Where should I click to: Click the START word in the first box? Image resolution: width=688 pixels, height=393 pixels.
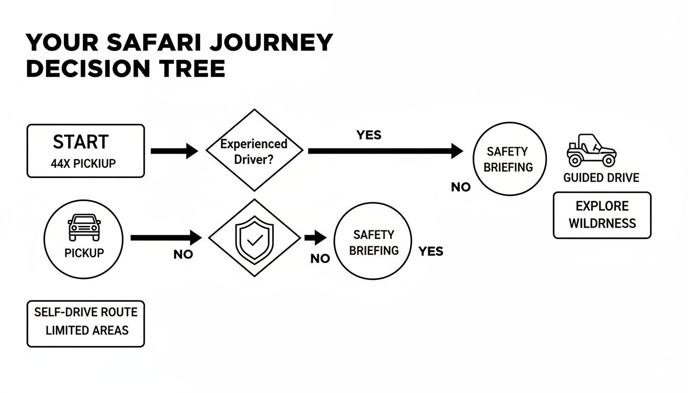81,142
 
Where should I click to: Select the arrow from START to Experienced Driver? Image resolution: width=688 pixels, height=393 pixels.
174,151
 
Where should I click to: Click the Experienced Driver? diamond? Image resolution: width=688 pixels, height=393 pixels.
254,150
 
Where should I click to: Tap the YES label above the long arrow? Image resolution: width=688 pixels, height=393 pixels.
369,135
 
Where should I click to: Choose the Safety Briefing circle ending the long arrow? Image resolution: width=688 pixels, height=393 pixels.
508,159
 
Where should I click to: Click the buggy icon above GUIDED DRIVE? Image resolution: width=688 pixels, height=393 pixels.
591,150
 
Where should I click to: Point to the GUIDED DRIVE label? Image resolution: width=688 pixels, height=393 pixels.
601,178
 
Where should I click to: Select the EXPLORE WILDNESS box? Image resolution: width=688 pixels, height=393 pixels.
602,215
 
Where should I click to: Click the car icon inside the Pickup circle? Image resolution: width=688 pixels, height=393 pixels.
84,227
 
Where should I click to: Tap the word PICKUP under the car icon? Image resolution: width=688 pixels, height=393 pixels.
84,253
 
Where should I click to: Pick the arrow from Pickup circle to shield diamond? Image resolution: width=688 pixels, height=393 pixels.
166,237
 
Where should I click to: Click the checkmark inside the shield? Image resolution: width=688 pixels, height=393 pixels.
254,238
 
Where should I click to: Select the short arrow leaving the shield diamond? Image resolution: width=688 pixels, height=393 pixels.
315,237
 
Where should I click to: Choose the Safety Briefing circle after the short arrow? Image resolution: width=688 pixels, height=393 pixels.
373,242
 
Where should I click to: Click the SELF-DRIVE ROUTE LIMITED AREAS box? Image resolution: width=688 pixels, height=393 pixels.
85,321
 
